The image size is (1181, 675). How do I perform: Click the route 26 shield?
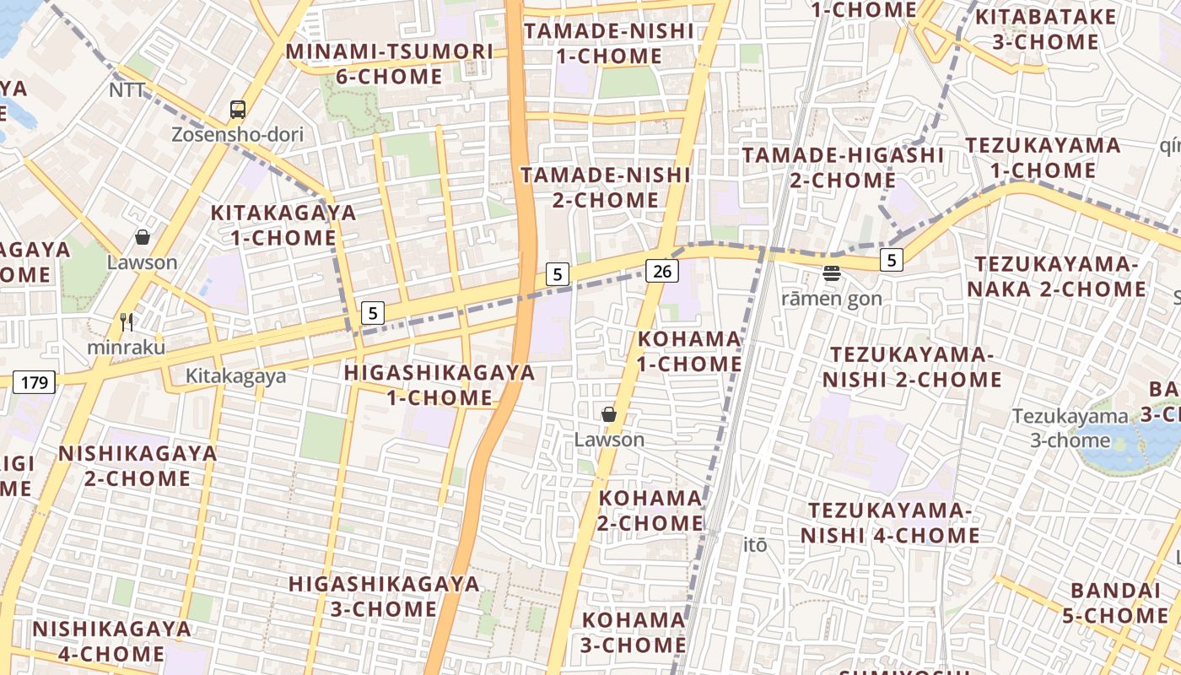[662, 271]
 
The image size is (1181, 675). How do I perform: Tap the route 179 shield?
[34, 382]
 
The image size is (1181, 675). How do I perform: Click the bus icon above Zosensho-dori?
[238, 109]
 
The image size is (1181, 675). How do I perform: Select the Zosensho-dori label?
[237, 134]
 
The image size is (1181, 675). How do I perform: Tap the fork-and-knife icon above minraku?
[127, 322]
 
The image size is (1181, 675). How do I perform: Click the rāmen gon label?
[831, 298]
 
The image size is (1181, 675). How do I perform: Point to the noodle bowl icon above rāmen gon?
[832, 273]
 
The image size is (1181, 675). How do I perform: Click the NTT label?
[127, 89]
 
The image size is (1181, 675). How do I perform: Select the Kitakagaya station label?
[236, 375]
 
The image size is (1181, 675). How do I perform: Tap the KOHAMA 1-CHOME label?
[689, 351]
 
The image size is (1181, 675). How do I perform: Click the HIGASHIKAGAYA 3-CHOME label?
[384, 596]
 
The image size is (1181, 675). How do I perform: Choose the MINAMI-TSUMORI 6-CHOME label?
[389, 63]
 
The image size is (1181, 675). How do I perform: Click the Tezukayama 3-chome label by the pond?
[1070, 428]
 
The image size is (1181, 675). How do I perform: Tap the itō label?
[756, 545]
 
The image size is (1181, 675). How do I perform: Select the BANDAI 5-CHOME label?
[1114, 602]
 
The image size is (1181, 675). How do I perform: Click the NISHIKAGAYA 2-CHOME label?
[138, 466]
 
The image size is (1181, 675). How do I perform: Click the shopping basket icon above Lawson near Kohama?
[609, 414]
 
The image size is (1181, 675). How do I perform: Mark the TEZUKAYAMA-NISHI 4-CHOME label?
[890, 523]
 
